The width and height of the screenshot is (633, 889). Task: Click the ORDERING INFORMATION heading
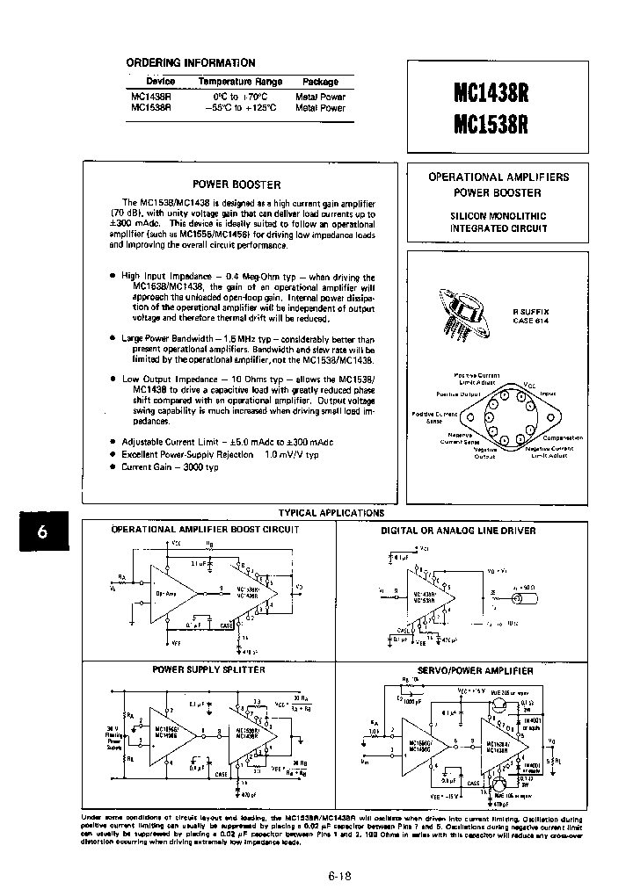(x=191, y=63)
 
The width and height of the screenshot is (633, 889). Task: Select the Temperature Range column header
(x=240, y=82)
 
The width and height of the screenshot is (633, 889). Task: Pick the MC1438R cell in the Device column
(x=151, y=97)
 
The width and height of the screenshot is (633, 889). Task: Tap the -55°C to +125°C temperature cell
(x=240, y=108)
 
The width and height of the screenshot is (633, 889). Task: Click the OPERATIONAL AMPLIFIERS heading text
(x=498, y=177)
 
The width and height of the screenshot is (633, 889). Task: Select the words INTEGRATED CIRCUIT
(x=498, y=228)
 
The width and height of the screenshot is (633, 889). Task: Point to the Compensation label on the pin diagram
(x=563, y=437)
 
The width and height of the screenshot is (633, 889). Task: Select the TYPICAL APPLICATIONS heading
(x=331, y=512)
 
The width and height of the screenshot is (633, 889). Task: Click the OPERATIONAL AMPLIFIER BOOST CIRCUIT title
(x=205, y=530)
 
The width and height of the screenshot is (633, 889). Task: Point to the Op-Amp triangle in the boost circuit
(x=167, y=594)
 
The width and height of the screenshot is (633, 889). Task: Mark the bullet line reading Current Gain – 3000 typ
(x=170, y=467)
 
